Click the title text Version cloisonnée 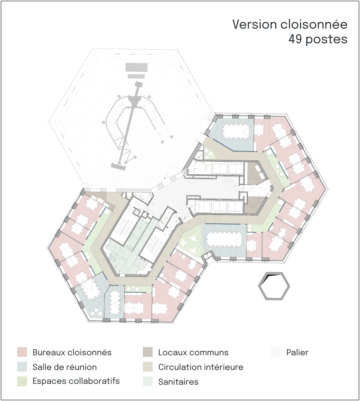(290, 25)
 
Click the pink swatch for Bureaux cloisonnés (22, 352)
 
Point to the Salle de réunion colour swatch (22, 367)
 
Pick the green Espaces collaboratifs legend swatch (22, 381)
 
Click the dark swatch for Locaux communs (148, 352)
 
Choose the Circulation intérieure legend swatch (148, 367)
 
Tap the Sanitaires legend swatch (148, 381)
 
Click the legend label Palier (298, 352)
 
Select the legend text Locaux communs (193, 352)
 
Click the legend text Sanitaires (178, 382)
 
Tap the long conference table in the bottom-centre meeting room (224, 240)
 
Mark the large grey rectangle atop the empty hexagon (137, 67)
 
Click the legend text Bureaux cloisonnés (72, 352)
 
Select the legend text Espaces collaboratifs (76, 381)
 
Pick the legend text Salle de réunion (64, 367)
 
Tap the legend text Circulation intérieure (201, 367)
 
